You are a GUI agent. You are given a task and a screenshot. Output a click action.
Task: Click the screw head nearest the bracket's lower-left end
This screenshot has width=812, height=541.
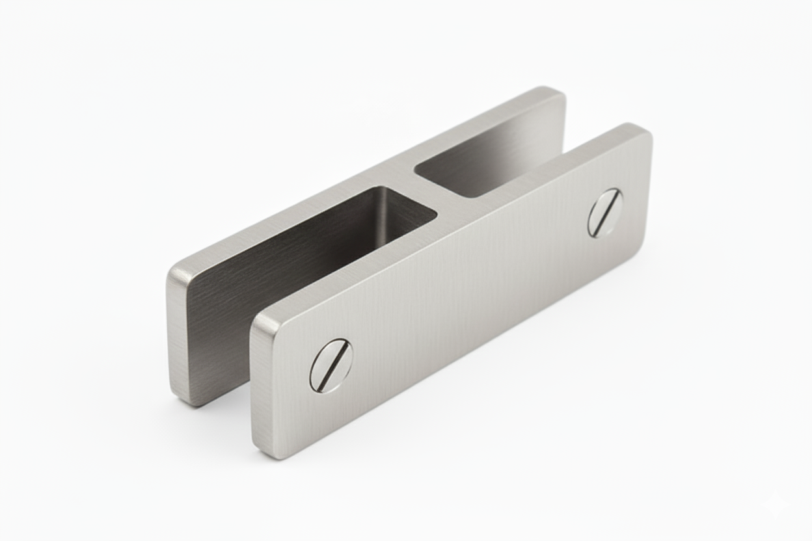(331, 365)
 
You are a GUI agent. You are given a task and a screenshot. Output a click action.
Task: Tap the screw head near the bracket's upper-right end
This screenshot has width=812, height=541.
(605, 213)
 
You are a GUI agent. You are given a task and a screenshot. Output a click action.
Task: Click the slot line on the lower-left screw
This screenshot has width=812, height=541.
(331, 365)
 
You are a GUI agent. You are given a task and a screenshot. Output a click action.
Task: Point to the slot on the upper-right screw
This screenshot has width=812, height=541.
(605, 213)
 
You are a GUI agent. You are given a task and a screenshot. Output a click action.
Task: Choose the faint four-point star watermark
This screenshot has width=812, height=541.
(774, 503)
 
